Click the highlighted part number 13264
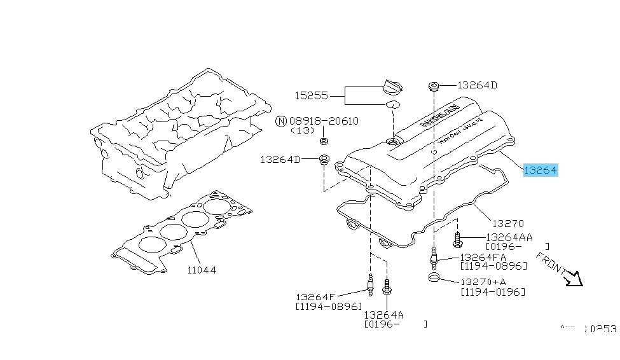pos(540,170)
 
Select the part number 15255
pos(311,96)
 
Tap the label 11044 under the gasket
pos(202,270)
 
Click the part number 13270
pos(507,223)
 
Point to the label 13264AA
pos(509,237)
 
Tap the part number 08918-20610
pos(324,121)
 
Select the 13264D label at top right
pos(478,85)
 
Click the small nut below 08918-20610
pos(324,141)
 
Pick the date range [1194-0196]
pos(493,291)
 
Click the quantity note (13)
pos(303,130)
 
